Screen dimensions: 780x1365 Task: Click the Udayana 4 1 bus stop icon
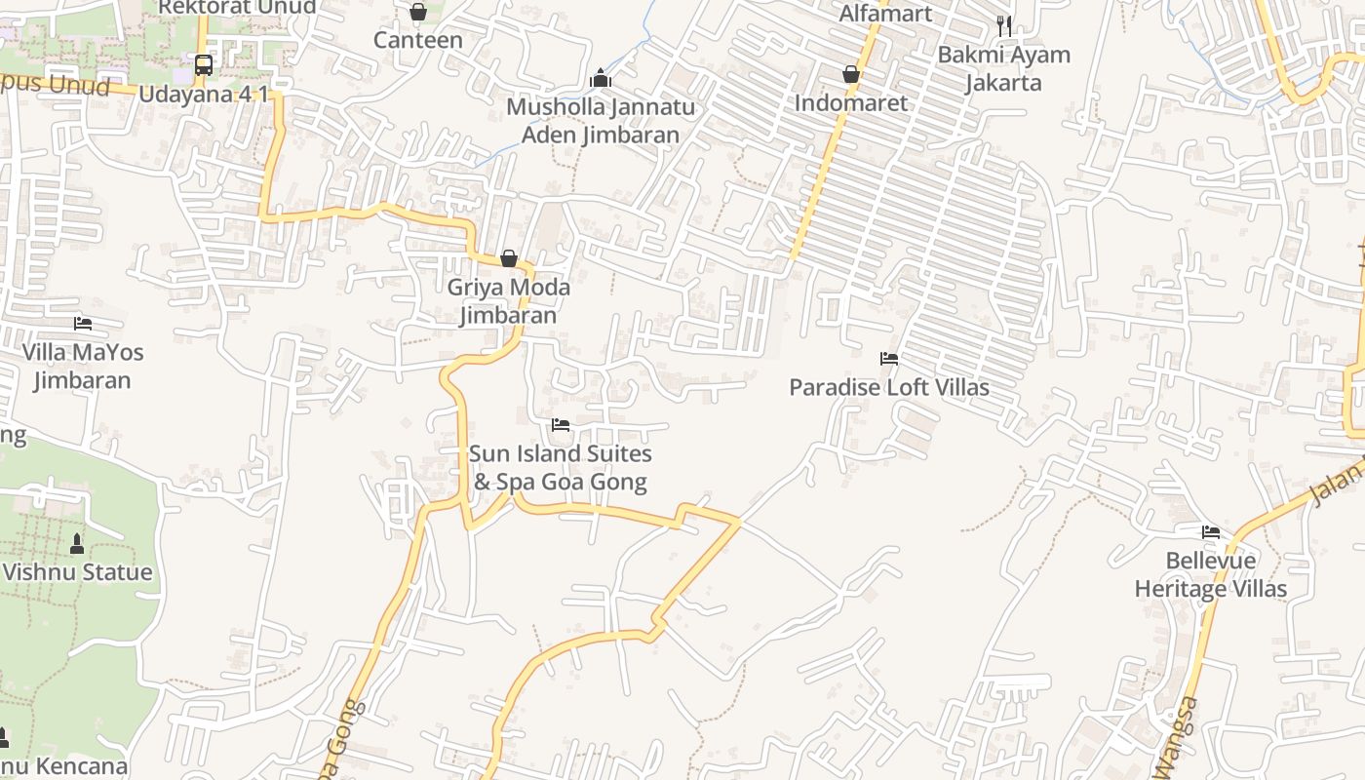[204, 65]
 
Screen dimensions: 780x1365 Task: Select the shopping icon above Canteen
[418, 12]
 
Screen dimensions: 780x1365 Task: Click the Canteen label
[418, 40]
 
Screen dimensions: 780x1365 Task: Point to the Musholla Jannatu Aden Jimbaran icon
[601, 77]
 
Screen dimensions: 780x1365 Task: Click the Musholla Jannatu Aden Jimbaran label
[601, 121]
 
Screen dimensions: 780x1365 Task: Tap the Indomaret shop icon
[851, 74]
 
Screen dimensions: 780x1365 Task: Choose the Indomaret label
[851, 102]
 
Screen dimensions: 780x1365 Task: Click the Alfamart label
[886, 14]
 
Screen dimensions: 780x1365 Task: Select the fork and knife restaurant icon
[1004, 26]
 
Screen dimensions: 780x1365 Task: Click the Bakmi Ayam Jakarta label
[1004, 68]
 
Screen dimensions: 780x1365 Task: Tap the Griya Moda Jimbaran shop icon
[509, 258]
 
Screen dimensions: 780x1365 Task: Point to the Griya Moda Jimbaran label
[509, 301]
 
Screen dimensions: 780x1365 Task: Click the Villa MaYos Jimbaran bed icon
[83, 323]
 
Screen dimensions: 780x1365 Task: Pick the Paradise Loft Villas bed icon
[889, 359]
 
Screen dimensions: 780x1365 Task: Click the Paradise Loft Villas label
[889, 387]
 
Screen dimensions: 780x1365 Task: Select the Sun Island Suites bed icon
[561, 425]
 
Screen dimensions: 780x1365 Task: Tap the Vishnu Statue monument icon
[77, 543]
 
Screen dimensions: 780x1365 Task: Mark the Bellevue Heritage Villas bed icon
[1211, 532]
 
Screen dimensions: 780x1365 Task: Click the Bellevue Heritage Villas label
[1211, 575]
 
